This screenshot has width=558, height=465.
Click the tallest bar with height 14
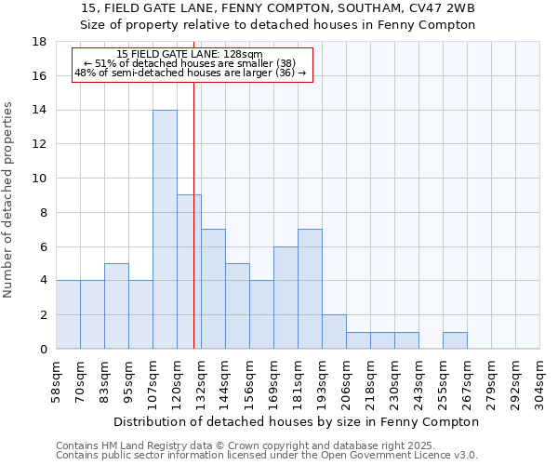(165, 230)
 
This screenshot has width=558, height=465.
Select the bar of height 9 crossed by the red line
(189, 272)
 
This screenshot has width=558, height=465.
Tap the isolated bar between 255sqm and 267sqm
(455, 340)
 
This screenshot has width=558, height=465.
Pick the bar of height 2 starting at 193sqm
(334, 332)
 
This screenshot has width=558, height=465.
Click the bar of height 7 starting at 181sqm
(310, 289)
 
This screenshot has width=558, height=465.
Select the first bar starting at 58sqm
(68, 314)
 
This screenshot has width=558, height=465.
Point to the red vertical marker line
(193, 186)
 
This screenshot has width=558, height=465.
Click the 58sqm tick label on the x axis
(57, 379)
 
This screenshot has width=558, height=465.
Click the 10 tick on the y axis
(39, 179)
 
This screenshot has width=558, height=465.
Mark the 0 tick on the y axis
(43, 350)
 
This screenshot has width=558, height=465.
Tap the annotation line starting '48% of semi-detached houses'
(191, 73)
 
